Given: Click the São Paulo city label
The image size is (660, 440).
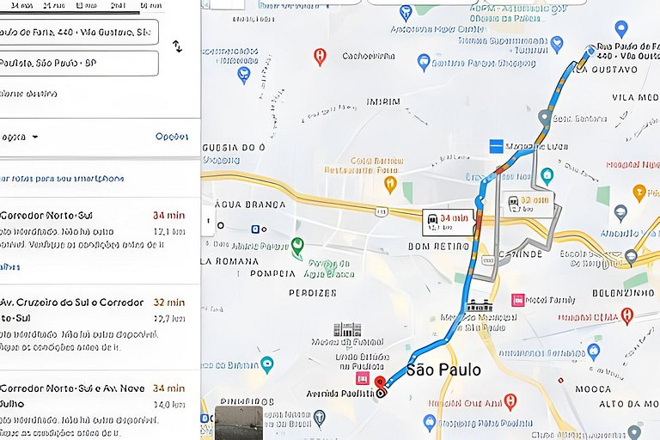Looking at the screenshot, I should coord(443,370).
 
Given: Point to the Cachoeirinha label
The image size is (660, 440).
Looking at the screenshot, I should coord(368,56).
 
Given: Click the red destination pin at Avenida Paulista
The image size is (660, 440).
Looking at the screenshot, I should coord(381,383).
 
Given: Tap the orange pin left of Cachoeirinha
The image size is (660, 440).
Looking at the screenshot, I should coord(320,57).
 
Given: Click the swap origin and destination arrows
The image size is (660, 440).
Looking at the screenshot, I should coord(177,46).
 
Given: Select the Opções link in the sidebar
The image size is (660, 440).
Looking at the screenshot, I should coord(171,137).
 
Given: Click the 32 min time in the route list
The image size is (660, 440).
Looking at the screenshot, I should coord(169,302).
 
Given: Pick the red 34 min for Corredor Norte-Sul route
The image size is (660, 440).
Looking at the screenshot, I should coord(169,216).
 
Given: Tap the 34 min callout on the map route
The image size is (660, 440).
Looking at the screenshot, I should coord(448,222).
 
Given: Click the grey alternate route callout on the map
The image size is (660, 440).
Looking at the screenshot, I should coord(528,204).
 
